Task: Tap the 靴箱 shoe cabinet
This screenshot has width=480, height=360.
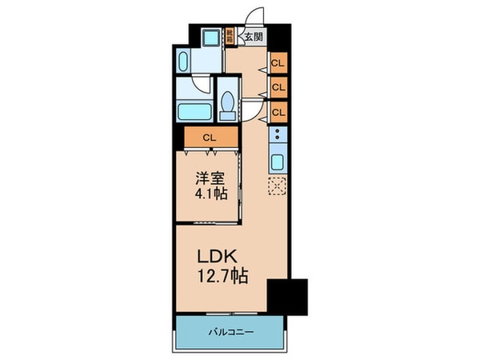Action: point(230,36)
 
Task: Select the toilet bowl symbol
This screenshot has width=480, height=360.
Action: point(228,104)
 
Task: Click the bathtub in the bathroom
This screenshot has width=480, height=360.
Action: point(195,111)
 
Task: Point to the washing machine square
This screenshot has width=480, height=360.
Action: point(210,38)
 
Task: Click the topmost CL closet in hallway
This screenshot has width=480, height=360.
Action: point(278,62)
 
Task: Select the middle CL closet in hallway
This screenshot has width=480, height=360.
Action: point(278,86)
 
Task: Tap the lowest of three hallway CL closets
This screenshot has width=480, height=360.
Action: point(278,111)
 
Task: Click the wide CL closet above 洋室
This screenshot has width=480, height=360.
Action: point(209,138)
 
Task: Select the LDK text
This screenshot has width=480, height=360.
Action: point(215,258)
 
